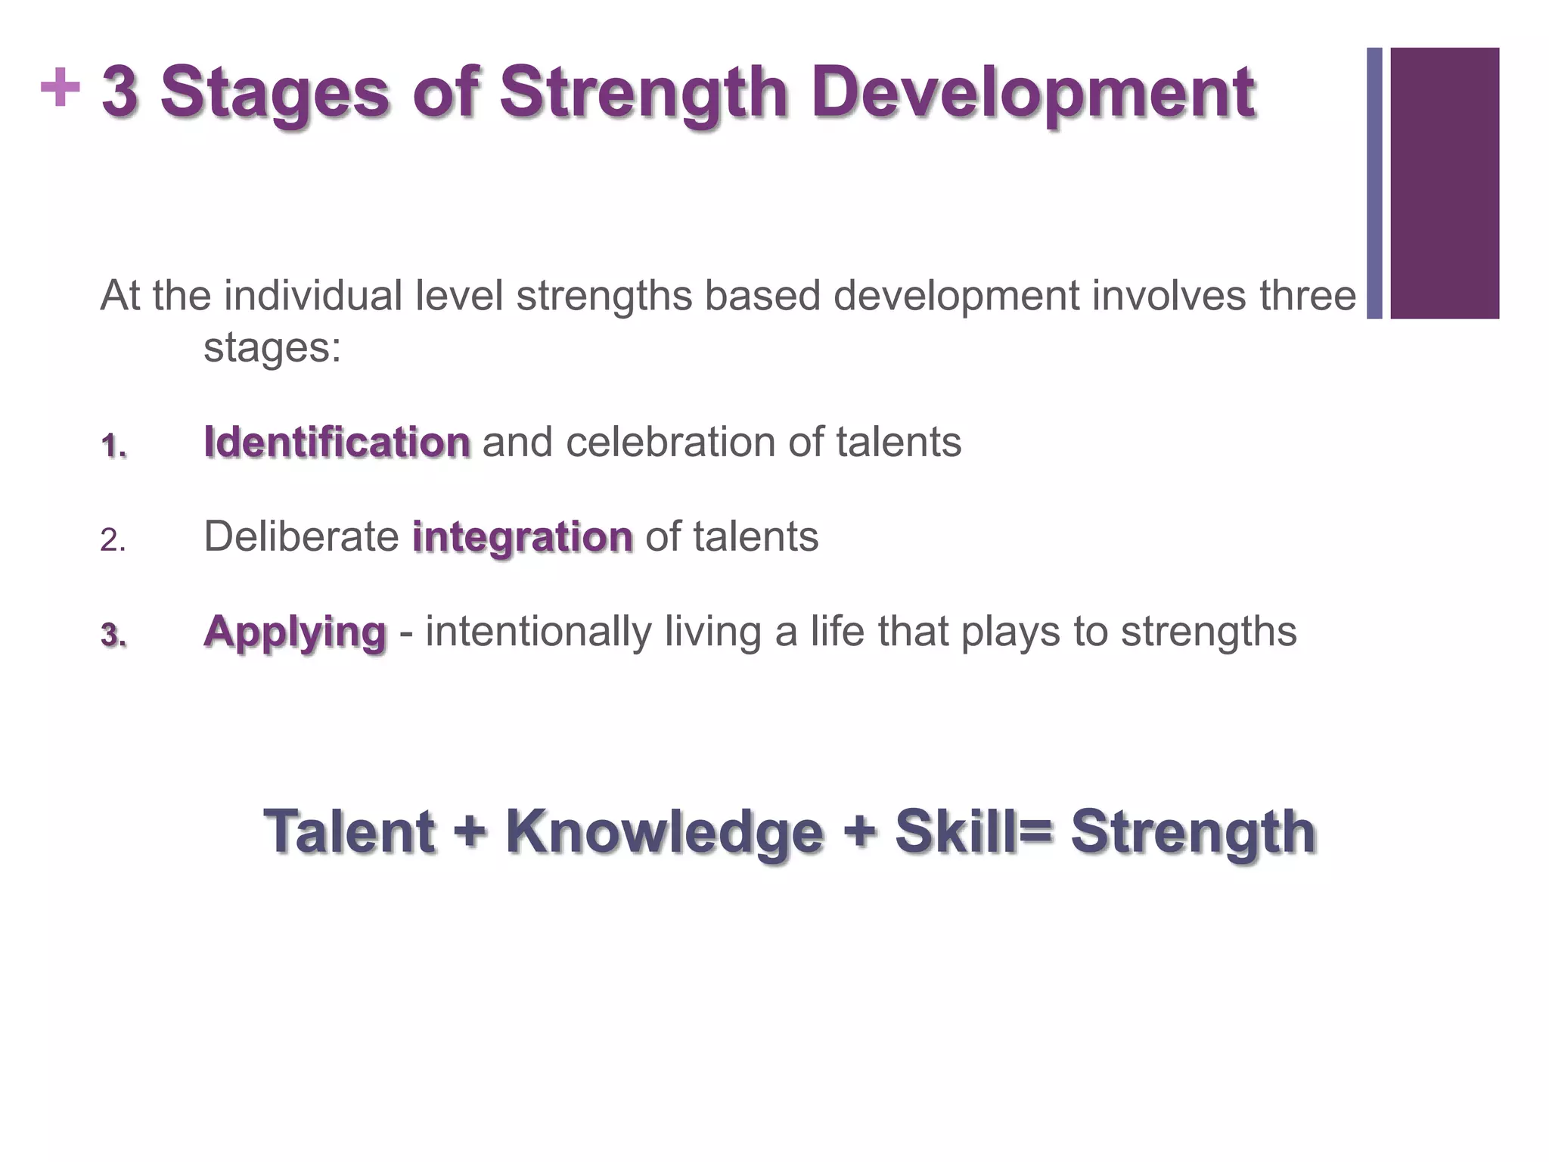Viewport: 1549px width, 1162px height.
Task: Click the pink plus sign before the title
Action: click(60, 88)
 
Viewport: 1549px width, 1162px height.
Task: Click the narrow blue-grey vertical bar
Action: click(1374, 183)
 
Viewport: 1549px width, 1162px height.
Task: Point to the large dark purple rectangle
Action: click(1445, 183)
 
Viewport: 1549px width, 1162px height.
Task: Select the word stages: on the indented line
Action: click(272, 349)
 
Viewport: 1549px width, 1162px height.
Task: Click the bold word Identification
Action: click(337, 442)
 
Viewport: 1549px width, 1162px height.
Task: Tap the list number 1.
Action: click(113, 446)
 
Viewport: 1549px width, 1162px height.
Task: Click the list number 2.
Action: click(113, 540)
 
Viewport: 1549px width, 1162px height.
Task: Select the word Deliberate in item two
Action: click(301, 537)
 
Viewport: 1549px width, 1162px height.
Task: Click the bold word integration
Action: click(522, 537)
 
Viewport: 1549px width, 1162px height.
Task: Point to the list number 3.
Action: click(113, 635)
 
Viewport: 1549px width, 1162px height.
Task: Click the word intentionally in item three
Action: click(538, 632)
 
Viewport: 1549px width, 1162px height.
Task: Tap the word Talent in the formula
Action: click(349, 831)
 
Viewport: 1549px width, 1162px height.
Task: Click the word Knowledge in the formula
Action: click(663, 831)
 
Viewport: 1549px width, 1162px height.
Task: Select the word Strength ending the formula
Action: click(1193, 833)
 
